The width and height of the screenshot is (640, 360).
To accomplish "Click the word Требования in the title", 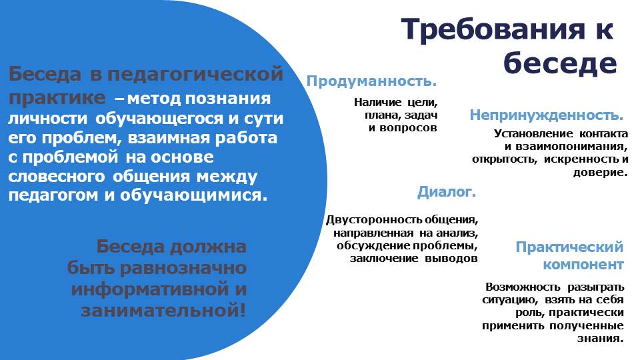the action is tap(493, 30).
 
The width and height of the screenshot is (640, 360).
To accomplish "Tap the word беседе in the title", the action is tap(560, 63).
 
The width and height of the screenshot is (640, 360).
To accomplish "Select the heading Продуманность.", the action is tap(371, 81).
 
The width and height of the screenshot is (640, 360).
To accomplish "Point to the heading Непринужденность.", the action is tap(547, 115).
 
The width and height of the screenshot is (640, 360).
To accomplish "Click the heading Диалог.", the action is tap(447, 191).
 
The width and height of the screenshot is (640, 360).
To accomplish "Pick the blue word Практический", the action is tap(569, 247).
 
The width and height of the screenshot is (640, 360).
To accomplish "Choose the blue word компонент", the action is tap(583, 265).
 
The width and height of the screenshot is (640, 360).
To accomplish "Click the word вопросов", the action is tap(408, 128).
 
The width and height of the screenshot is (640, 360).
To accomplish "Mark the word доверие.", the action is tap(601, 172).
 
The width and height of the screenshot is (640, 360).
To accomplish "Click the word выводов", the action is tap(451, 259).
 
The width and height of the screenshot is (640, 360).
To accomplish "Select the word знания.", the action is tap(601, 339).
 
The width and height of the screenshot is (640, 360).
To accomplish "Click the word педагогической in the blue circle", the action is tap(195, 74).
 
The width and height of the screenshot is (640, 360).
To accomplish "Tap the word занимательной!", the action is tap(163, 310).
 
